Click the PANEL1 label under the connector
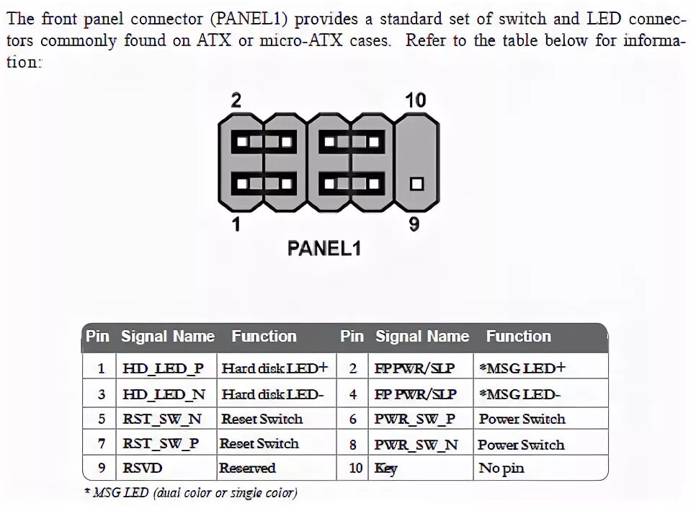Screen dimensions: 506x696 [x=324, y=249]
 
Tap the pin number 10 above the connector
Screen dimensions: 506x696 [x=415, y=100]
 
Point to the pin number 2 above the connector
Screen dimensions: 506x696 [x=236, y=101]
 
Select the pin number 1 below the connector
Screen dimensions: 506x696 [x=236, y=225]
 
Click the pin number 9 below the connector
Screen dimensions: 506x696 [x=414, y=225]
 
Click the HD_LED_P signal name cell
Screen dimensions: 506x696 [x=164, y=368]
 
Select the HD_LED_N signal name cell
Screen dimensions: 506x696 [x=164, y=394]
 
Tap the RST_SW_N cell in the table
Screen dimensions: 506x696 [x=162, y=419]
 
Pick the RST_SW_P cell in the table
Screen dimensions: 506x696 [x=161, y=444]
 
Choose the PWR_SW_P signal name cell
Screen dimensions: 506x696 [x=415, y=419]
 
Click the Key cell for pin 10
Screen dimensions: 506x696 [x=386, y=469]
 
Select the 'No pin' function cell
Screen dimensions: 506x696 [x=501, y=469]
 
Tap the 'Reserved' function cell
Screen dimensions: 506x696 [x=247, y=469]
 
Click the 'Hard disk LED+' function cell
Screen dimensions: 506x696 [x=274, y=368]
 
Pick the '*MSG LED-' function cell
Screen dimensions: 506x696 [x=519, y=394]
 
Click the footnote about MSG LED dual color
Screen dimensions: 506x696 [x=190, y=493]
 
